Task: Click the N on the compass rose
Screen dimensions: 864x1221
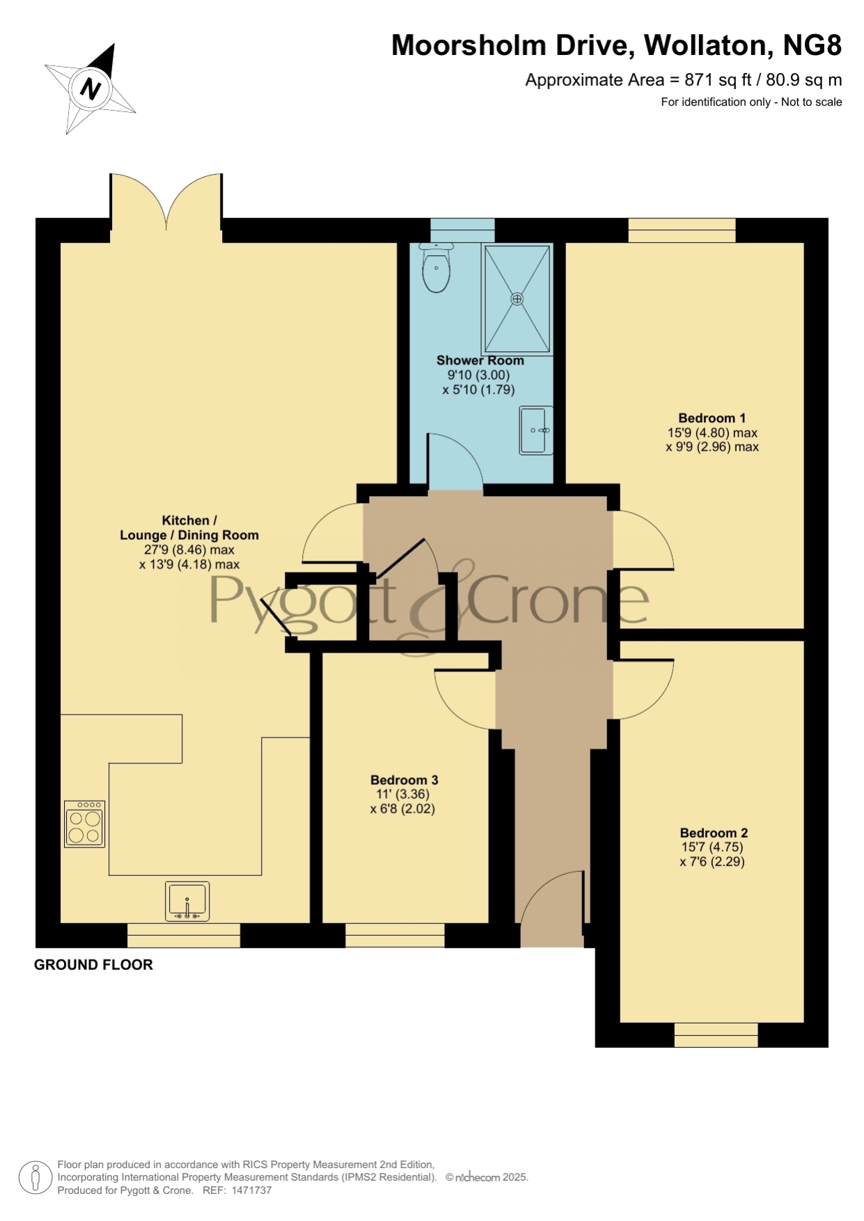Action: [91, 89]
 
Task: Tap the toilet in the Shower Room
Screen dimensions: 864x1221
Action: [437, 268]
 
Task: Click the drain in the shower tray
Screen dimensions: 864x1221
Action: [517, 299]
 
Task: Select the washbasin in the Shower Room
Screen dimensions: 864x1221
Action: [536, 431]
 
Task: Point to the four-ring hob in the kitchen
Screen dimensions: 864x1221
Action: [85, 824]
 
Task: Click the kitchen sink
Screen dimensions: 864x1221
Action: [187, 902]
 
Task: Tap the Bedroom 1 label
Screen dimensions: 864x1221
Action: [712, 418]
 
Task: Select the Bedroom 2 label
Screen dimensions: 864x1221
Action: [714, 833]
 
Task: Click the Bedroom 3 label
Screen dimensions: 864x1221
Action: [404, 780]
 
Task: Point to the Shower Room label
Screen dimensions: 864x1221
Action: [480, 360]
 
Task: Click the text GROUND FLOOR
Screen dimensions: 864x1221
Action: [93, 964]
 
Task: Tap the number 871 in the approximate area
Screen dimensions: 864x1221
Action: [698, 80]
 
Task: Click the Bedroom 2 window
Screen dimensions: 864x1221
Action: [716, 1035]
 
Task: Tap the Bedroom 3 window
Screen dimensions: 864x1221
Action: [395, 935]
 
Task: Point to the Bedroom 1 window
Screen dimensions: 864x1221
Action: [682, 230]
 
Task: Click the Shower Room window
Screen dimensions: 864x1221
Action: [462, 230]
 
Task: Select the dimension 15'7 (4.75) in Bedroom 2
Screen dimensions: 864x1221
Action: [712, 847]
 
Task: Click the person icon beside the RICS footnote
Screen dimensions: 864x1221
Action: [35, 1179]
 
